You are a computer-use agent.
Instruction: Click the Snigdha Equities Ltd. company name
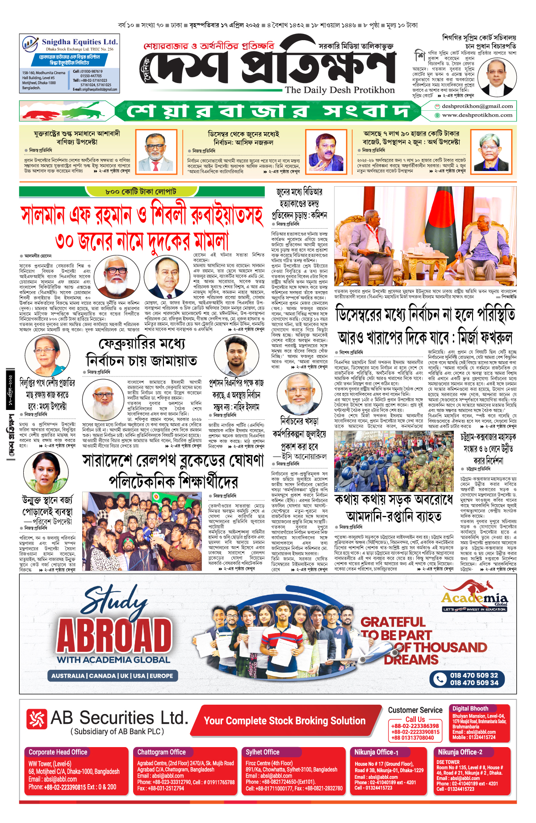[x=80, y=42]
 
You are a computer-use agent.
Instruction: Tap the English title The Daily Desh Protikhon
[x=339, y=90]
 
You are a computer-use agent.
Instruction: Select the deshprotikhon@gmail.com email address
[x=477, y=106]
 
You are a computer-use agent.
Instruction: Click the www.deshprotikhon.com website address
[x=477, y=115]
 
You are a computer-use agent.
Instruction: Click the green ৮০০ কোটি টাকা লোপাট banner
[x=141, y=192]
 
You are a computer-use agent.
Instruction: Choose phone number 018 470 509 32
[x=473, y=675]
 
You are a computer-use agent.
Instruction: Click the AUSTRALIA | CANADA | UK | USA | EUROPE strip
[x=112, y=676]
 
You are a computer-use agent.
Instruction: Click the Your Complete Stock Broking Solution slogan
[x=285, y=721]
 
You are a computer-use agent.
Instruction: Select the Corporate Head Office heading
[x=58, y=752]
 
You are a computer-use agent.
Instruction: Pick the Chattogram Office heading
[x=161, y=752]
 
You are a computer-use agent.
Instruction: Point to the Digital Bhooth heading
[x=470, y=708]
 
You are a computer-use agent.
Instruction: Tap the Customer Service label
[x=415, y=710]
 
